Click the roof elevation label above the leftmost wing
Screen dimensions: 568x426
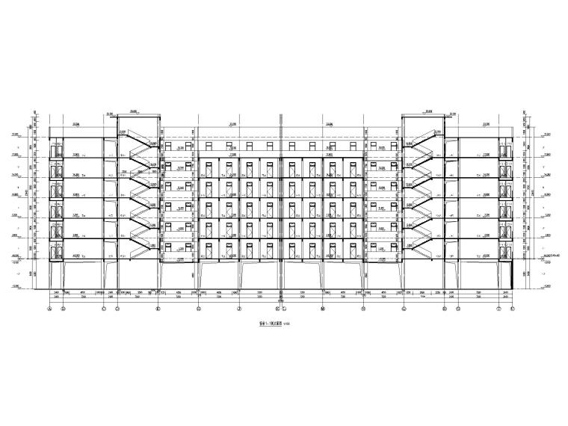[x=75, y=125]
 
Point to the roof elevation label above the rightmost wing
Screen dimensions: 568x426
[x=486, y=125]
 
